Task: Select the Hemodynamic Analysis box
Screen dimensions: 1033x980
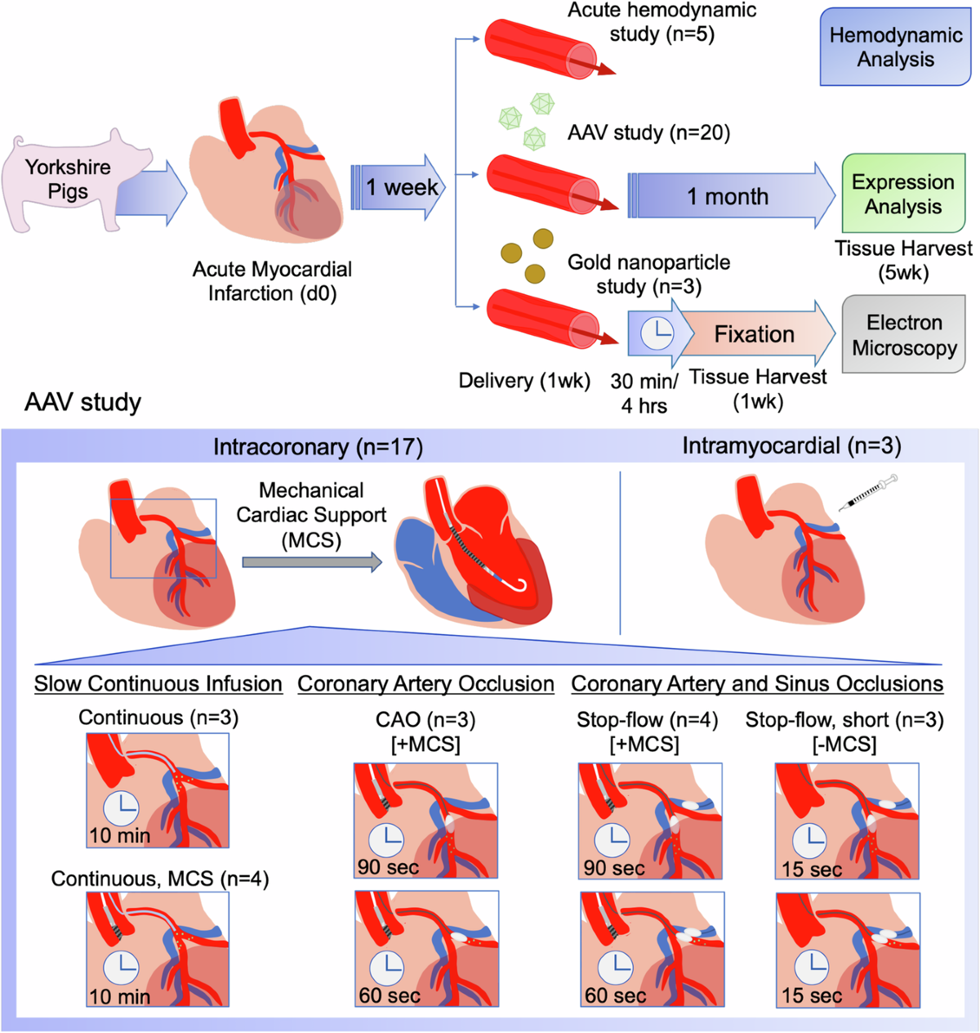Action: tap(895, 47)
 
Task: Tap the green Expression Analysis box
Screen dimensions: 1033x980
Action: tap(902, 195)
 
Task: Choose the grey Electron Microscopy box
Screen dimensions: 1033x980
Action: tap(903, 335)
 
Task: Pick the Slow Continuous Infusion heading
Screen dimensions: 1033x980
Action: tap(158, 684)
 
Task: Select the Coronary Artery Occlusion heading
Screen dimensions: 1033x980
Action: tap(425, 684)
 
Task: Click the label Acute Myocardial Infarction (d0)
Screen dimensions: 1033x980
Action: tap(272, 281)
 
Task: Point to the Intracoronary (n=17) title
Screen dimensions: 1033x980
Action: tap(318, 447)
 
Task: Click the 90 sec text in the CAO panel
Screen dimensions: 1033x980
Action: tap(388, 867)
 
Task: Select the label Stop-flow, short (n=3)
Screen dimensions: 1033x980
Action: tap(844, 720)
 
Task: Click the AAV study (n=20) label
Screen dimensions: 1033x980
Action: tap(648, 132)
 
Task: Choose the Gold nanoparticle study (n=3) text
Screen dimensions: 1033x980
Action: tap(648, 274)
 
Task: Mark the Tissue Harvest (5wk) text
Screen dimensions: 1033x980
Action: tap(903, 260)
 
